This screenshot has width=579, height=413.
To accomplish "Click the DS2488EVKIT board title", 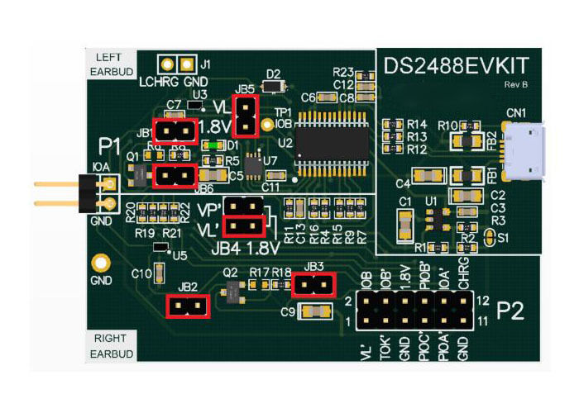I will (455, 65).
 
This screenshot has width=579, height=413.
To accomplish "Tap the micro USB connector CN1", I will (526, 150).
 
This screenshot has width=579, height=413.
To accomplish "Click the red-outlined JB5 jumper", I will (246, 115).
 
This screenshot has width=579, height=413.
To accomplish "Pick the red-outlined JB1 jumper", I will (175, 131).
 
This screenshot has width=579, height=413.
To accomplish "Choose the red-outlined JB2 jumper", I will (189, 306).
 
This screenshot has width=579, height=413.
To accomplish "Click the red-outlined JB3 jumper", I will (313, 285).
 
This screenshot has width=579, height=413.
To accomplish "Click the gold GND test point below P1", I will (100, 263).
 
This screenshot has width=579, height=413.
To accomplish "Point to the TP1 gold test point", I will (267, 126).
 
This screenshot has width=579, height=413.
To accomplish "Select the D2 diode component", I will (272, 85).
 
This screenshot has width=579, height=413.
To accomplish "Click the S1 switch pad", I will (489, 238).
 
